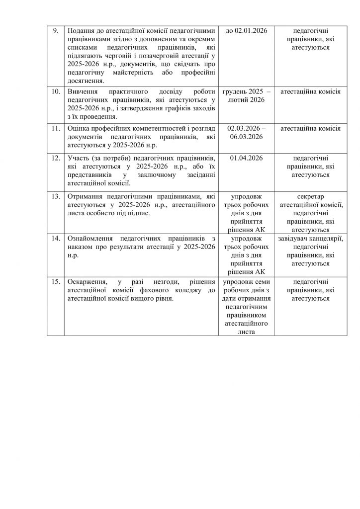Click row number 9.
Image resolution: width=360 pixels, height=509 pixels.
tap(56, 31)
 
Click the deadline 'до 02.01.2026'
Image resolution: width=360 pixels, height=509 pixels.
tap(246, 31)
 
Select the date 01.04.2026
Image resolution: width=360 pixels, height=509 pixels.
tap(246, 157)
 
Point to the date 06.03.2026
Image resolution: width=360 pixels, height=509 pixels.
tap(246, 137)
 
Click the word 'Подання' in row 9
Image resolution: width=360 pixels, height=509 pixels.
tap(81, 31)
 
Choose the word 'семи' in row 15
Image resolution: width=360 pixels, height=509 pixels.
tap(259, 281)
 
